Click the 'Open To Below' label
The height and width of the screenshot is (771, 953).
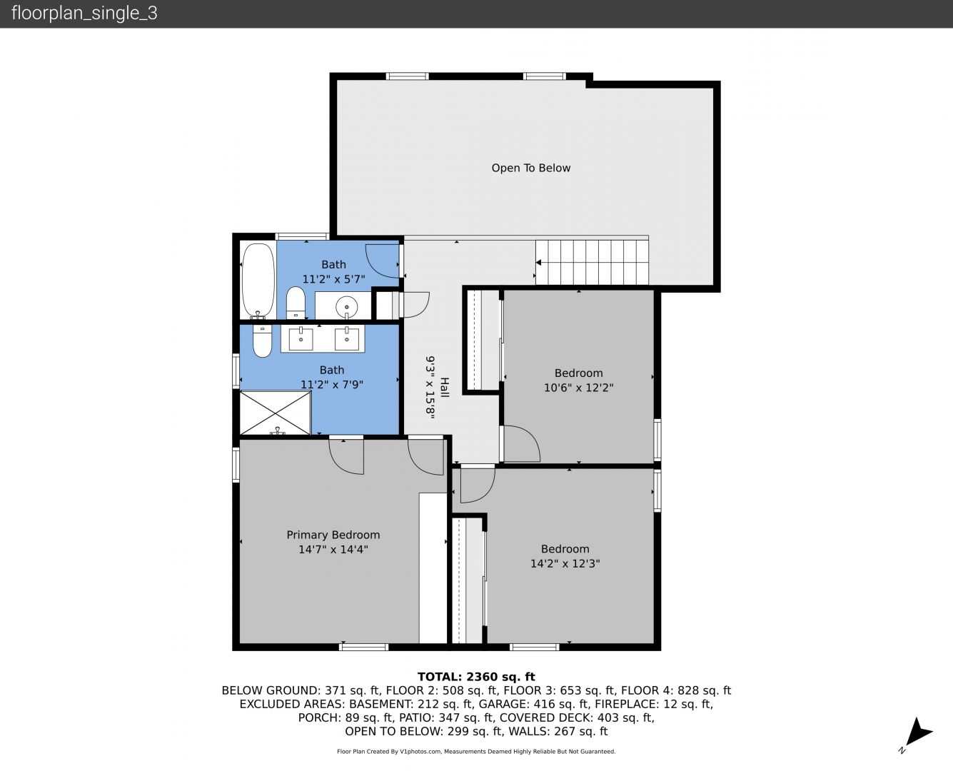click(530, 168)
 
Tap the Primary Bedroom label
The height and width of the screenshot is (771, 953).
click(333, 535)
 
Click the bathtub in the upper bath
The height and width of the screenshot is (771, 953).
click(258, 281)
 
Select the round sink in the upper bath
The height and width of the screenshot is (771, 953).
click(347, 306)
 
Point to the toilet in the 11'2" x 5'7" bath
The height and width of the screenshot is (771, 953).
click(296, 303)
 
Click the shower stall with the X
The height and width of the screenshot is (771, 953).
click(275, 413)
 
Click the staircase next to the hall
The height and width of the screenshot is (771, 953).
click(592, 262)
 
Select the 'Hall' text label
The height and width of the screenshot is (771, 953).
click(444, 388)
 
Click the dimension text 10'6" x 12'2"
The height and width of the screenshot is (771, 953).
click(578, 388)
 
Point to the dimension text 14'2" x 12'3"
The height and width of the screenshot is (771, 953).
click(565, 563)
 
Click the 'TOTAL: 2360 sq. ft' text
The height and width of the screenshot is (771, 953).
click(476, 677)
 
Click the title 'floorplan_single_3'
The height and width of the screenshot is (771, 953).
click(84, 13)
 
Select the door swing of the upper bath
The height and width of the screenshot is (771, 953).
click(383, 261)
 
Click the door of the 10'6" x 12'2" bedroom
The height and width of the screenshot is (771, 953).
click(520, 443)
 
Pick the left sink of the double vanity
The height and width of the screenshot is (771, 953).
click(301, 338)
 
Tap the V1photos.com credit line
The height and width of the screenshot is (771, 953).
click(476, 751)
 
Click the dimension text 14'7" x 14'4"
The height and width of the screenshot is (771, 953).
click(333, 549)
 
